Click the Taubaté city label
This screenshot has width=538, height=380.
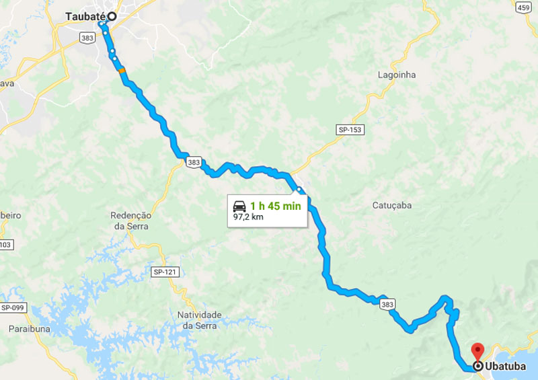85,16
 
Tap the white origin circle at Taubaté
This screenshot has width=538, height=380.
112,16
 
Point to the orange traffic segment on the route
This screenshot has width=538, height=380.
122,70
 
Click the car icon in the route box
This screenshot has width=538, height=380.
239,206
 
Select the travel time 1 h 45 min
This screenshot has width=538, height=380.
275,206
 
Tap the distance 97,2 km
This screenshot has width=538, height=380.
247,218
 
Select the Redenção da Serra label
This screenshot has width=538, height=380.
131,220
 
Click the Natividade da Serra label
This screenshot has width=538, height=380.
199,319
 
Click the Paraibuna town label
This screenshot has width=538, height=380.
28,329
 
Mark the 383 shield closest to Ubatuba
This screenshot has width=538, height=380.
387,305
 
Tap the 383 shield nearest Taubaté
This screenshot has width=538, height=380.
85,38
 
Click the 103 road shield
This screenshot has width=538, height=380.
5,245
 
